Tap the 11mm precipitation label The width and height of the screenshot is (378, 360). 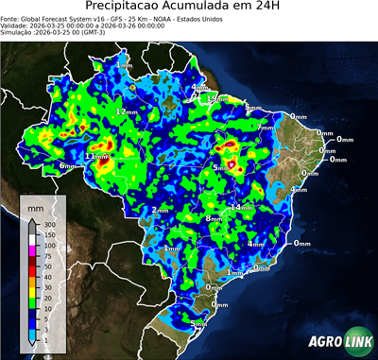click(x=95, y=156)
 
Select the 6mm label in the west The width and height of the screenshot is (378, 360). click(x=68, y=165)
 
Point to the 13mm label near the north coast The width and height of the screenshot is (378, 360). click(x=218, y=98)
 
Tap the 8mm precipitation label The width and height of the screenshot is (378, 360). click(x=215, y=218)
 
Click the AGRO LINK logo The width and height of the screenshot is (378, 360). click(x=335, y=340)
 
